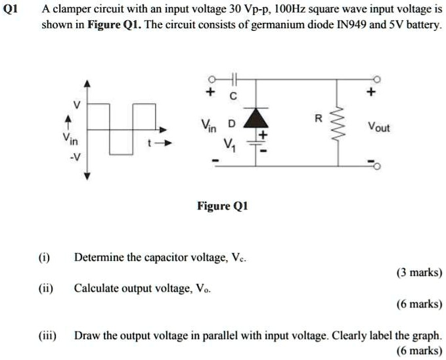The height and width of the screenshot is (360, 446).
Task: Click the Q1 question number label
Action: (x=11, y=10)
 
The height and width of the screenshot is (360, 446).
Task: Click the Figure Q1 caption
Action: (x=223, y=206)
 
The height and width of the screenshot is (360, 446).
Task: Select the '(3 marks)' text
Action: (x=419, y=272)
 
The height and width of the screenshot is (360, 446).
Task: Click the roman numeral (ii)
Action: (x=48, y=288)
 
